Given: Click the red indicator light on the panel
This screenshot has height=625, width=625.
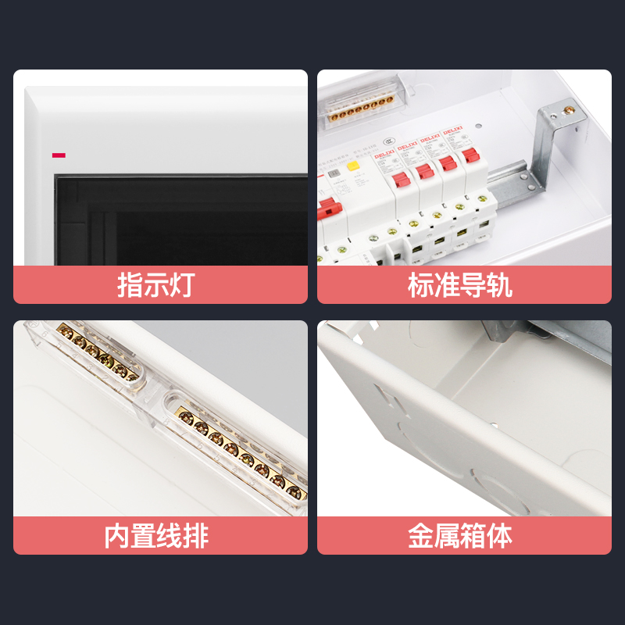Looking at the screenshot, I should [x=59, y=155].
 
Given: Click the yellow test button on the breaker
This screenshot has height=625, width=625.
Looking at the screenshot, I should [x=352, y=166].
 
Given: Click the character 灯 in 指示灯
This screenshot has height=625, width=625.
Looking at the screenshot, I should [x=180, y=285].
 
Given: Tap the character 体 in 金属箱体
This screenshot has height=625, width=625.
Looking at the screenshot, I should [x=499, y=536].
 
